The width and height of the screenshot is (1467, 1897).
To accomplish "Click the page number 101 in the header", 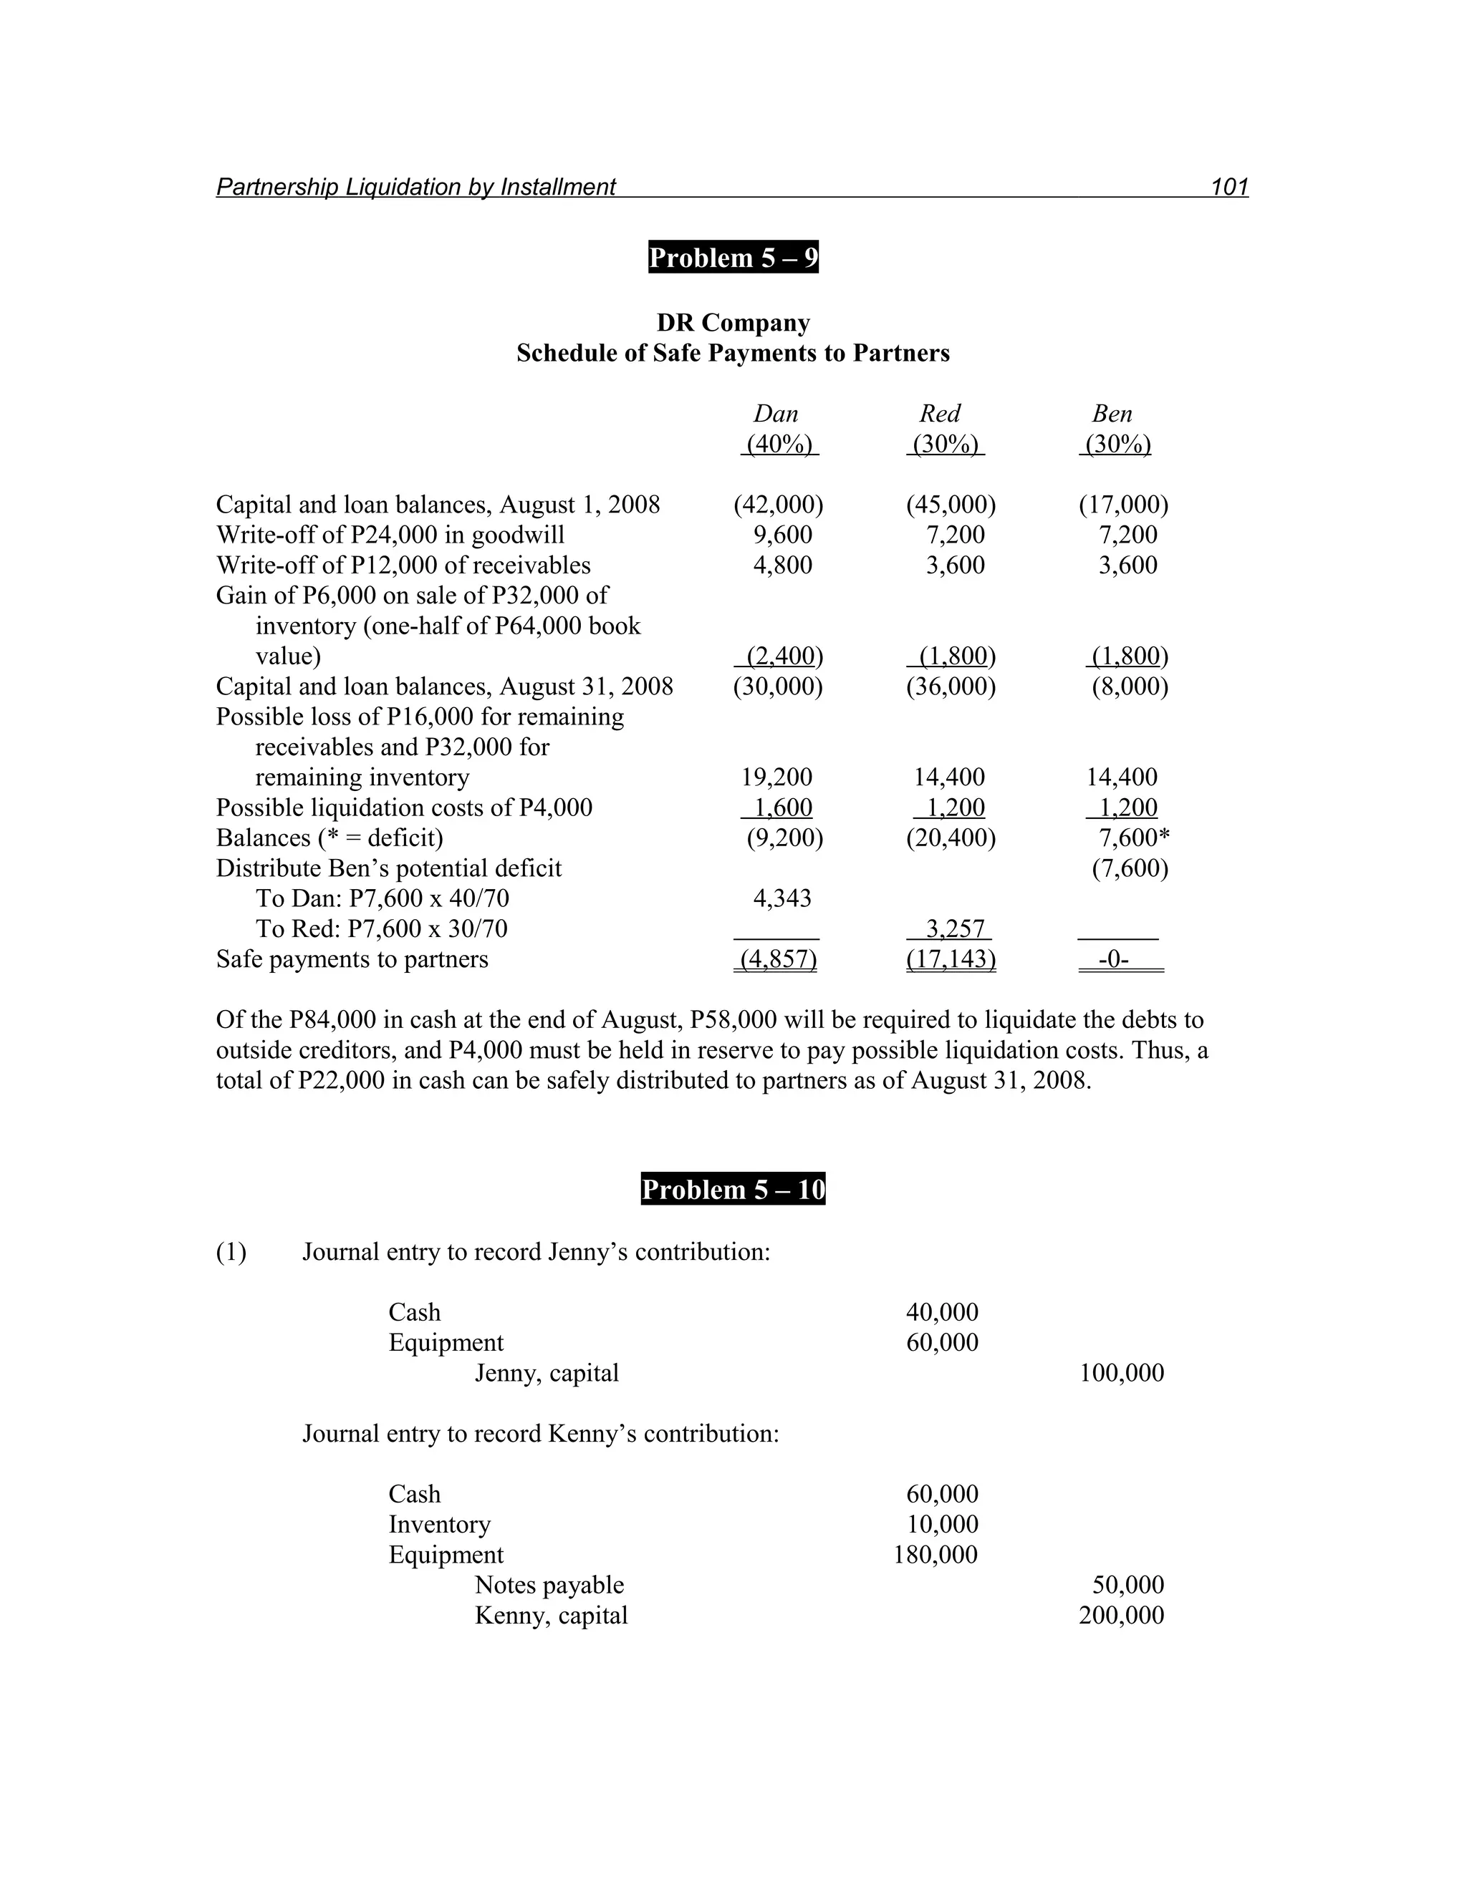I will tap(1229, 187).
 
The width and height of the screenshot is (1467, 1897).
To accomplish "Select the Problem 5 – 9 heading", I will tap(733, 258).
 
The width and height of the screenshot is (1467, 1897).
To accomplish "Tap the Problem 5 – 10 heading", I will tap(733, 1189).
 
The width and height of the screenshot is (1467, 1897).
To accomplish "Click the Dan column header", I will tap(775, 414).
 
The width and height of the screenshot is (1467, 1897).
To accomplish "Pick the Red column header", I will tap(941, 414).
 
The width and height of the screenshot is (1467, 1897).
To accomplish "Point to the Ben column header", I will tap(1112, 414).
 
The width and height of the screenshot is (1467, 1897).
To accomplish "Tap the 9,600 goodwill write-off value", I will tap(782, 535).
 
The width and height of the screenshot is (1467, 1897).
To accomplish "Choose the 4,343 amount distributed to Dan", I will tap(782, 898).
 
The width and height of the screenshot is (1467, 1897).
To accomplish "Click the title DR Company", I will tap(733, 323).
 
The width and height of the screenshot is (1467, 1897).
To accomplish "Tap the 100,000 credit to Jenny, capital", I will tap(1121, 1373).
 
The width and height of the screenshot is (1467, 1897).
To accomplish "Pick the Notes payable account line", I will tap(549, 1585).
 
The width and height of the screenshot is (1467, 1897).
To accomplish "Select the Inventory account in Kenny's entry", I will tap(440, 1524).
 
